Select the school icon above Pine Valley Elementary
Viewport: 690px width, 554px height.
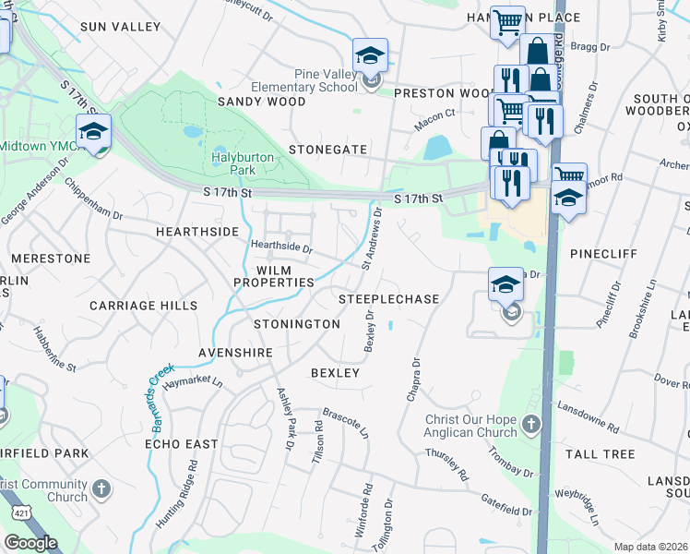pos(370,56)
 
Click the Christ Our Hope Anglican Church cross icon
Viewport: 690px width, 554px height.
pos(530,425)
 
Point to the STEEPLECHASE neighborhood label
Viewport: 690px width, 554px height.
pos(388,300)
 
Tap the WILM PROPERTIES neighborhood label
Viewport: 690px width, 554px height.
pos(272,275)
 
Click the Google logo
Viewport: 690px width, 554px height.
pos(30,543)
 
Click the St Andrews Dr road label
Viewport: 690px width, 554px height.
pos(372,237)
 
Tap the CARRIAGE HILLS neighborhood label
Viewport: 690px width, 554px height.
pos(143,305)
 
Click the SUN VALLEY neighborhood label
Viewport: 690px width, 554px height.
pos(120,27)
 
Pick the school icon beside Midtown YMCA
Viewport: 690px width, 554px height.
pos(93,132)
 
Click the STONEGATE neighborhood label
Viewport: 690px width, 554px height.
pos(327,149)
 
